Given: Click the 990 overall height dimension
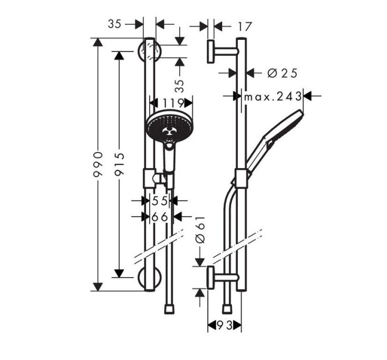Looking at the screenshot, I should [x=98, y=164].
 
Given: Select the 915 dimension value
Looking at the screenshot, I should [x=119, y=164].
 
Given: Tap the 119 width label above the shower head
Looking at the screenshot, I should [x=171, y=103].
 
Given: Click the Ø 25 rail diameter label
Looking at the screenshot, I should [x=282, y=72].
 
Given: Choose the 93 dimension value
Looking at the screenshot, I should [x=224, y=326].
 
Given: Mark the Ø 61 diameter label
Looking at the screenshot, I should [x=200, y=230].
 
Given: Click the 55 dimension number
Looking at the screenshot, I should [x=160, y=201].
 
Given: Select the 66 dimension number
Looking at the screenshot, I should [x=160, y=217].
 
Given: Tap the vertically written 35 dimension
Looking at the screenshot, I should [x=179, y=86].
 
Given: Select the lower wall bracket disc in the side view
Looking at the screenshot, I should [x=211, y=276].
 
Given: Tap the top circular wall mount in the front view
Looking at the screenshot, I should [x=149, y=52].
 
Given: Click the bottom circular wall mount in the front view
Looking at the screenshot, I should [x=149, y=279].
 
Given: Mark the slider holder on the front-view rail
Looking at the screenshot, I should [x=149, y=178].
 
